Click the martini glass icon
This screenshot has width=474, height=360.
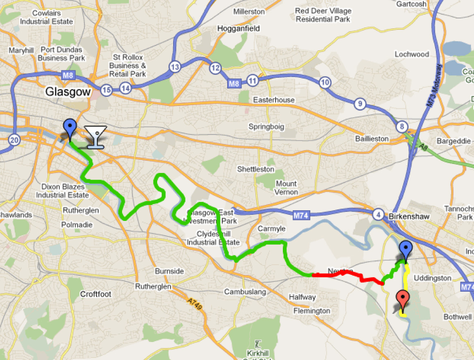coord(95,136)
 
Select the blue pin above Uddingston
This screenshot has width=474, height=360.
coord(405,250)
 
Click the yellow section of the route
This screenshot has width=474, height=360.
coord(405,286)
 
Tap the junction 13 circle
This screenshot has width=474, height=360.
coord(175,67)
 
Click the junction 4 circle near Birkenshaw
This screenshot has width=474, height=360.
coord(379,214)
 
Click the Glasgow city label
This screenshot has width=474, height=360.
coord(68,92)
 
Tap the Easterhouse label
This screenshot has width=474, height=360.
coord(274,100)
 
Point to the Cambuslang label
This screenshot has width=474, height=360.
coord(245,292)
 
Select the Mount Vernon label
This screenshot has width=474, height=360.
coord(286,188)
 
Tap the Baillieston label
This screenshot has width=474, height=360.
coord(372,139)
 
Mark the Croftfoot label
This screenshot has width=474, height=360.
coord(95,294)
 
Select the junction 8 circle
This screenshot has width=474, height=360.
coord(402,127)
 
